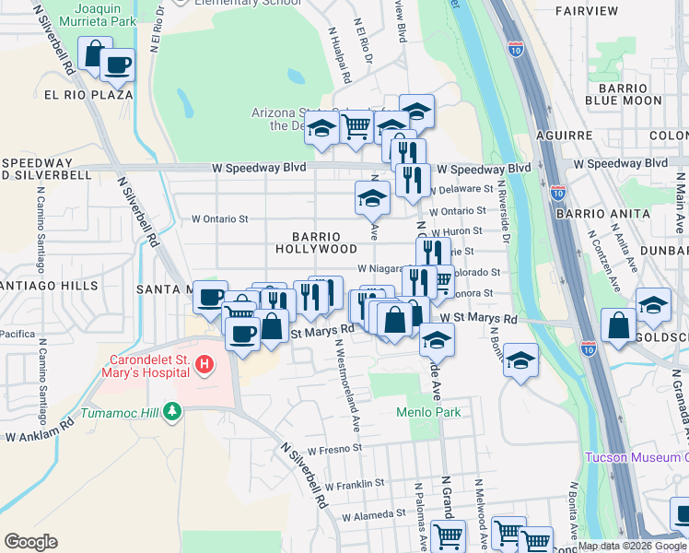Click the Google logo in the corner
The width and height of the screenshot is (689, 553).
coord(30,541)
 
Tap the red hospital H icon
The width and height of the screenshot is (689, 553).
coord(204,366)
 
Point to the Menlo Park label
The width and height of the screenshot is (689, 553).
coord(428,412)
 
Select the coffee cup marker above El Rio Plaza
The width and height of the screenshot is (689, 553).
coord(117,64)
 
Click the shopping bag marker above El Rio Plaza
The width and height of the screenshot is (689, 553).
coord(94,53)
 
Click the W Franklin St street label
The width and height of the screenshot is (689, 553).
coord(354,483)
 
